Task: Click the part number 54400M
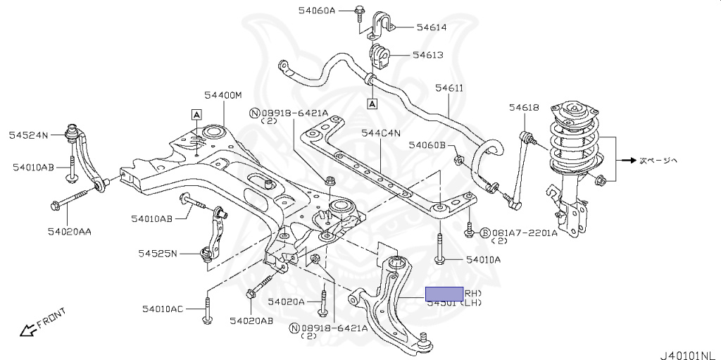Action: click(x=223, y=94)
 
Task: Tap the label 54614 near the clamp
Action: click(x=432, y=27)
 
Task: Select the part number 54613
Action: click(x=427, y=54)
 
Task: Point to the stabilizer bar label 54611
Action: click(x=449, y=88)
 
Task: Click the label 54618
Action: click(x=524, y=107)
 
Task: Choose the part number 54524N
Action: click(x=28, y=134)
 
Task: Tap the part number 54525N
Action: click(x=158, y=253)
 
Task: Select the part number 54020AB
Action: click(x=251, y=321)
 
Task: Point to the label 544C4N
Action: click(x=381, y=132)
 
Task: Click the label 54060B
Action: click(x=427, y=145)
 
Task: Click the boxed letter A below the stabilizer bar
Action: click(x=372, y=104)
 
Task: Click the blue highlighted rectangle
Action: click(x=444, y=294)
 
